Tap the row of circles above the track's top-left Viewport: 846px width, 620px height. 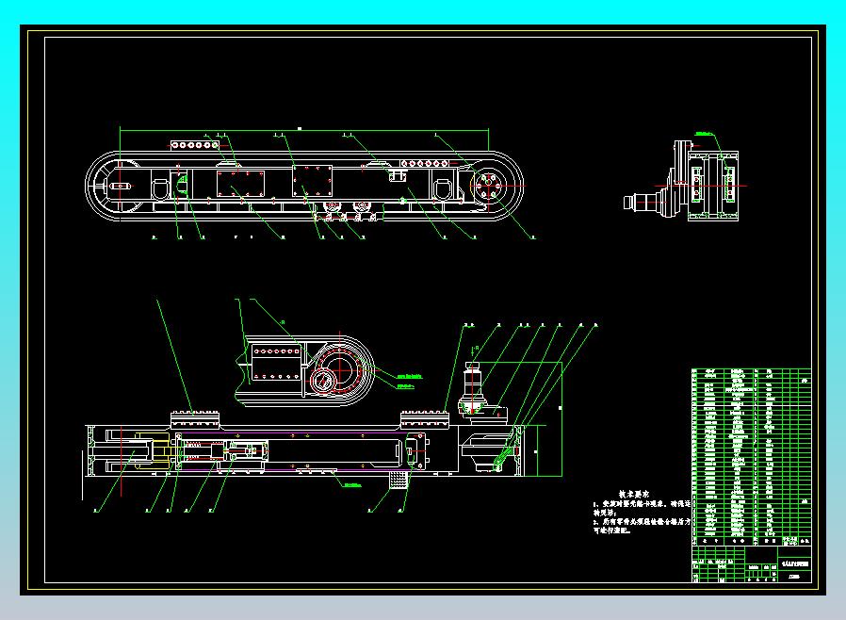(194, 146)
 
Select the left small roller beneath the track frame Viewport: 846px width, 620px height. (331, 208)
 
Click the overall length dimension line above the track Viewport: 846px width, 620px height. (301, 129)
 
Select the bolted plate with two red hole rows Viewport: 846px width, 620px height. (275, 362)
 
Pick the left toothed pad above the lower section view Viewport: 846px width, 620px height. (195, 417)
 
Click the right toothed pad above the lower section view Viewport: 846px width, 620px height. (423, 417)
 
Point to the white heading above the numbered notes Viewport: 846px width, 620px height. (635, 494)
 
